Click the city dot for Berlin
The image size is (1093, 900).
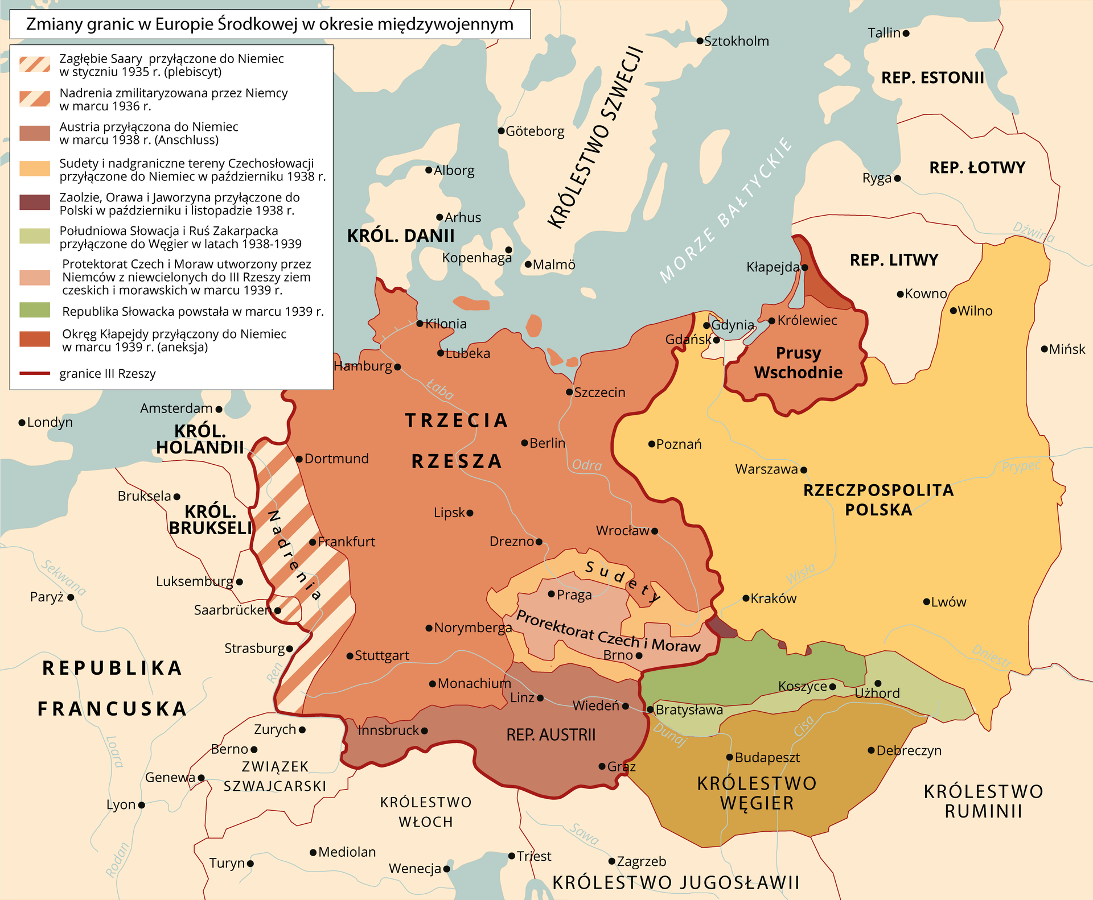[x=524, y=443]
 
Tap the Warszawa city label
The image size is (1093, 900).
[x=766, y=469]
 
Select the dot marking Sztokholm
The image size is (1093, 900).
[x=700, y=41]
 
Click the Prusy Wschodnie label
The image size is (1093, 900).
[x=798, y=362]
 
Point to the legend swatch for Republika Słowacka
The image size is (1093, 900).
[x=35, y=310]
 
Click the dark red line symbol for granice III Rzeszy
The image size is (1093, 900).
[x=35, y=373]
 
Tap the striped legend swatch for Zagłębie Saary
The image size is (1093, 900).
[x=35, y=64]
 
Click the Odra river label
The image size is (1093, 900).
[x=586, y=465]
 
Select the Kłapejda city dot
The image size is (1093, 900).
[x=804, y=267]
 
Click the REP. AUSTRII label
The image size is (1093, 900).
[x=550, y=734]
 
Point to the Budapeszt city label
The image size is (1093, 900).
[x=767, y=757]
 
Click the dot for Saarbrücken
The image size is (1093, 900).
[x=277, y=610]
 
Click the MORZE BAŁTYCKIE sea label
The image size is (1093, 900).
[x=726, y=210]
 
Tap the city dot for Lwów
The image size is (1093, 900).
[x=926, y=601]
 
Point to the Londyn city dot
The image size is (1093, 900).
[x=22, y=422]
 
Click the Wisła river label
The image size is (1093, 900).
[x=800, y=573]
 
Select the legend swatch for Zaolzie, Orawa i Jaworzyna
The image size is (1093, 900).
[x=35, y=203]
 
